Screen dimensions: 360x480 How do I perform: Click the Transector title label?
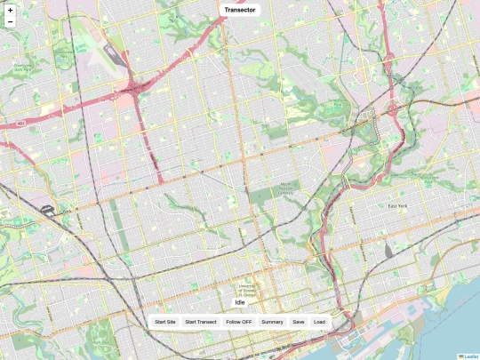point(240,10)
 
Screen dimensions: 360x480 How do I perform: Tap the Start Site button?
point(165,322)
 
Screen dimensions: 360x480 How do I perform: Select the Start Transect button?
point(201,322)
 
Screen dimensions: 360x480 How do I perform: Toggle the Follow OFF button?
point(239,322)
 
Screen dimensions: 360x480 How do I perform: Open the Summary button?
point(272,322)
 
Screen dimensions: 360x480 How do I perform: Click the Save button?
point(299,322)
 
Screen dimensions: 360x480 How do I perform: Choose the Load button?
point(319,322)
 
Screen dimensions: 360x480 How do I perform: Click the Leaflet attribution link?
point(470,356)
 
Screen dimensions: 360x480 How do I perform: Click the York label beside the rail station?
point(66,212)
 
